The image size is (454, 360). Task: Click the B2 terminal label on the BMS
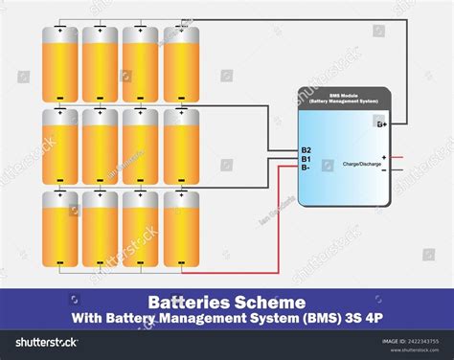point(306,150)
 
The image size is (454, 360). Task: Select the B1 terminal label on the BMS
point(306,159)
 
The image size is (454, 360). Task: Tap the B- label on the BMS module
point(306,168)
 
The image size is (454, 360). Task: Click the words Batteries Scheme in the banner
point(226,300)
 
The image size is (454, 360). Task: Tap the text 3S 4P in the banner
point(347,317)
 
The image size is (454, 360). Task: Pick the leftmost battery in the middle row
point(59,146)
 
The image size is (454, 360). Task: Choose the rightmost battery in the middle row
point(181,146)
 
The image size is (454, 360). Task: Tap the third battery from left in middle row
point(141,146)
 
